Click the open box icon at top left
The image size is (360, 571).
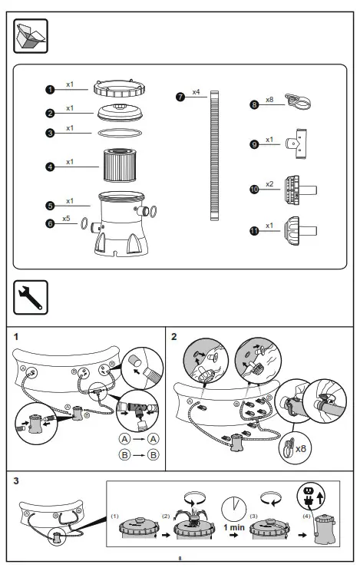point(31,37)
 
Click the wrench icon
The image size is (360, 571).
point(31,295)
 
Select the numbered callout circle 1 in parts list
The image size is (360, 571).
point(49,89)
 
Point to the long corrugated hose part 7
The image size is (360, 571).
point(215,153)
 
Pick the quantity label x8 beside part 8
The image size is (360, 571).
point(269,99)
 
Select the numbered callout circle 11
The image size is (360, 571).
point(254,229)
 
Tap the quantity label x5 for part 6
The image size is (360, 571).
point(67,219)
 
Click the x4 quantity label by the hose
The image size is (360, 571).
point(196,92)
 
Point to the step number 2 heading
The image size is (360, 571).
point(174,336)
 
